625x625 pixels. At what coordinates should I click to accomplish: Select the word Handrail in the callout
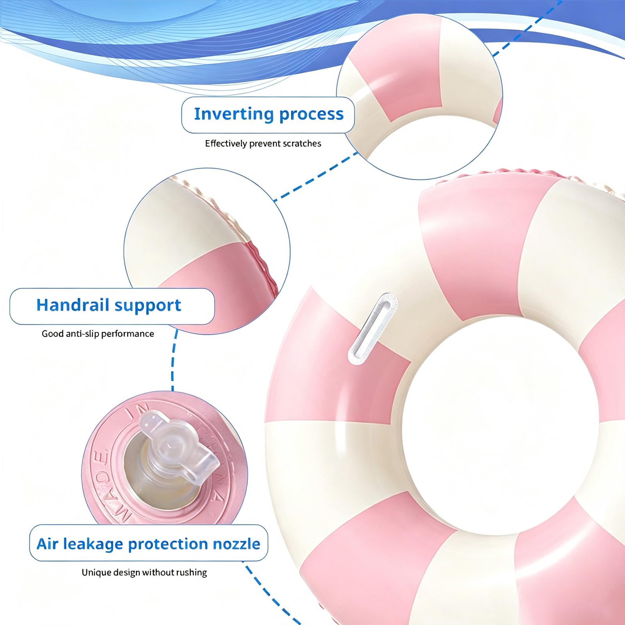tap(72, 305)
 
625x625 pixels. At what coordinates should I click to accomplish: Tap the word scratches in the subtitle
tap(302, 144)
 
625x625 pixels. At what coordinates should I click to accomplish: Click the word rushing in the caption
tap(191, 573)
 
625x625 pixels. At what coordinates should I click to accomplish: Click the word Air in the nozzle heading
tap(47, 544)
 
